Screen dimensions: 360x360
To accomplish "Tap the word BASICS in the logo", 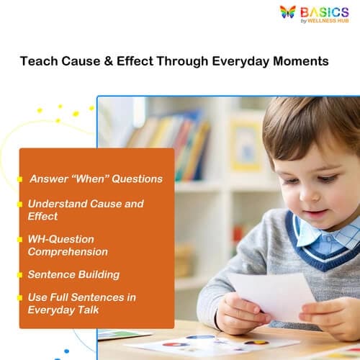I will pyautogui.click(x=324, y=12).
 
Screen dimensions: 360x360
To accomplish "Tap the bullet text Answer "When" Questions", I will pyautogui.click(x=96, y=179).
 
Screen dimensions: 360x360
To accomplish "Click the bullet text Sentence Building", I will pyautogui.click(x=73, y=274).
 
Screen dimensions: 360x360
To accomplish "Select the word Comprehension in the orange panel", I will pyautogui.click(x=68, y=251).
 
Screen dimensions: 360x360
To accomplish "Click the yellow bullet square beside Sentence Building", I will pyautogui.click(x=21, y=275).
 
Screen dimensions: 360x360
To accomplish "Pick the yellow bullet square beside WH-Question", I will pyautogui.click(x=21, y=239).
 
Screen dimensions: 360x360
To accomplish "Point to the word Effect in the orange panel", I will pyautogui.click(x=42, y=216).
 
